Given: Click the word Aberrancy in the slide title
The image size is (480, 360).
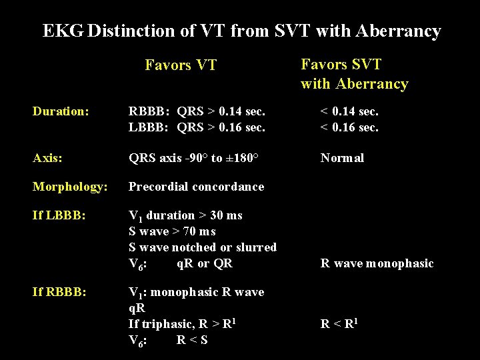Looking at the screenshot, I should click(398, 31).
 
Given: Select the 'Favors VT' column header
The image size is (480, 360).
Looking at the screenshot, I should click(181, 65).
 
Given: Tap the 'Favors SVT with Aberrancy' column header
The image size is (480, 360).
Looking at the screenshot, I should click(354, 74).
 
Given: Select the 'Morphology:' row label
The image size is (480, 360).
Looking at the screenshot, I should click(69, 187).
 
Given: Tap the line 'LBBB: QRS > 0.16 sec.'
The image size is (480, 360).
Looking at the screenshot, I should click(197, 127).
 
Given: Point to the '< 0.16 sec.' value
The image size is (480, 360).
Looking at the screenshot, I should click(349, 127).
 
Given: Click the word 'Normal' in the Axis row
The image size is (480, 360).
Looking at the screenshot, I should click(342, 158).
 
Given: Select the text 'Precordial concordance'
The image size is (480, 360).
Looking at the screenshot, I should click(196, 187).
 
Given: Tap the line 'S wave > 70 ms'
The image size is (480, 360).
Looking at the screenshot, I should click(172, 231).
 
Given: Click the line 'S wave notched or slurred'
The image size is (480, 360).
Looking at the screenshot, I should click(202, 247).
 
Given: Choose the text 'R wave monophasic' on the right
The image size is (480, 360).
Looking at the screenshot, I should click(377, 263).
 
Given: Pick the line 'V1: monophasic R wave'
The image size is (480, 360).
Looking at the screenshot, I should click(196, 293).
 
